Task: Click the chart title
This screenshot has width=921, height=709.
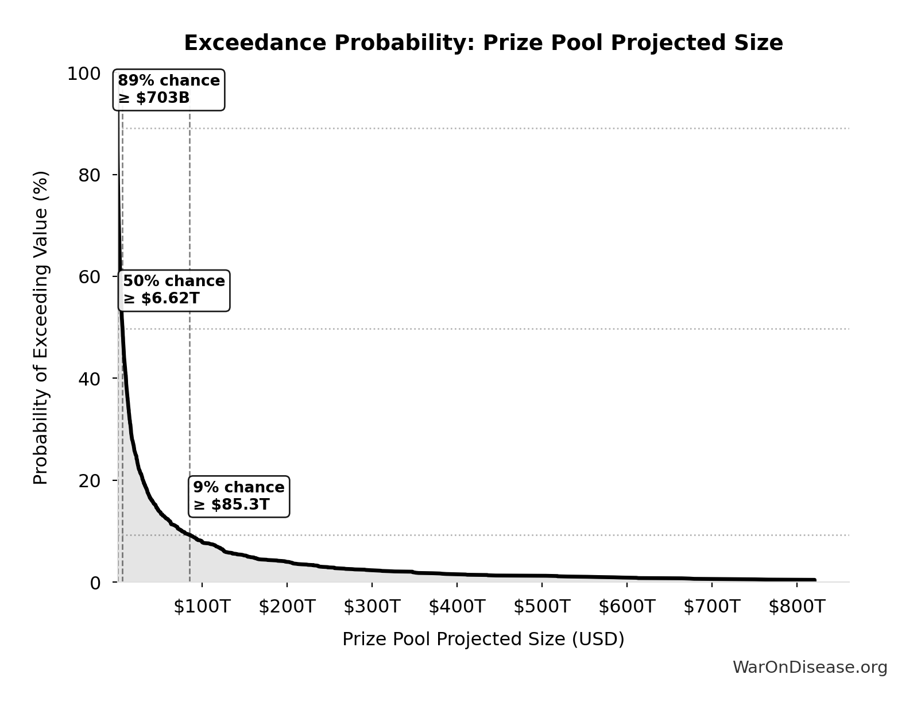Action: click(483, 43)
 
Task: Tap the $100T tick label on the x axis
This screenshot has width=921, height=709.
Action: click(202, 607)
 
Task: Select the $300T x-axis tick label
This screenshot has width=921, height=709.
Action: click(372, 607)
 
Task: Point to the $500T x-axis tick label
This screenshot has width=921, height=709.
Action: click(541, 607)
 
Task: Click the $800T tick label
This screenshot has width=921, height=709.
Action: click(796, 607)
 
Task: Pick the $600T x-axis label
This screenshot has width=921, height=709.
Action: click(626, 607)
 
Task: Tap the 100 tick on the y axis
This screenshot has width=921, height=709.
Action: click(83, 74)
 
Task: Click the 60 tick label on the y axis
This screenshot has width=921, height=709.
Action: click(89, 277)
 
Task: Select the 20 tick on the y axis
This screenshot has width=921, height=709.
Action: click(89, 480)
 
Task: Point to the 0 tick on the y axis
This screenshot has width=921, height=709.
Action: click(95, 583)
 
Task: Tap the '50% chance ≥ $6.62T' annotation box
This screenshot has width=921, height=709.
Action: click(174, 290)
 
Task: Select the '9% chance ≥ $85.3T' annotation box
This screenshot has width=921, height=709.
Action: click(238, 496)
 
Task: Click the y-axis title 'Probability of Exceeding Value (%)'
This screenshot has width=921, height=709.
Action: click(41, 327)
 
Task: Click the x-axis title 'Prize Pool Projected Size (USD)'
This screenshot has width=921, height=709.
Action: click(483, 639)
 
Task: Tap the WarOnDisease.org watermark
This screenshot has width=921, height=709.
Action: click(810, 668)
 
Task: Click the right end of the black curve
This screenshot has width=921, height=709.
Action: click(814, 580)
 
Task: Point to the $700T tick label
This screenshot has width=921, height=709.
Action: click(711, 607)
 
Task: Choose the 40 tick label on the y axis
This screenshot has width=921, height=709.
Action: click(89, 379)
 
